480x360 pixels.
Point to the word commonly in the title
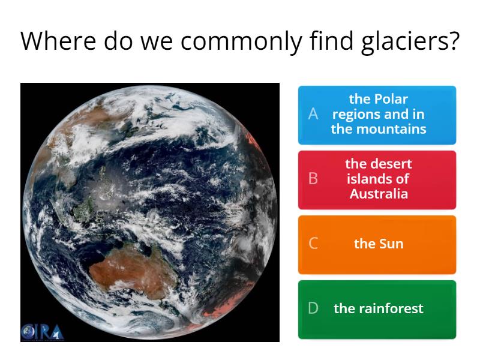pos(241,41)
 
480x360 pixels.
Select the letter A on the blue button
pos(313,114)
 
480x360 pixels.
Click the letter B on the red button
pos(313,179)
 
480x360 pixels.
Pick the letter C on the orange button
pos(313,244)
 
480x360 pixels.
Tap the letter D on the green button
pos(313,308)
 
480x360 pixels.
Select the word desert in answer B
pos(391,164)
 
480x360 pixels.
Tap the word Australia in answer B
pos(379,194)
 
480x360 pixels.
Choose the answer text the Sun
pos(379,244)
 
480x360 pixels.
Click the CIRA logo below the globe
pos(42,332)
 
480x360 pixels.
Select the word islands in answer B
pos(370,179)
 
